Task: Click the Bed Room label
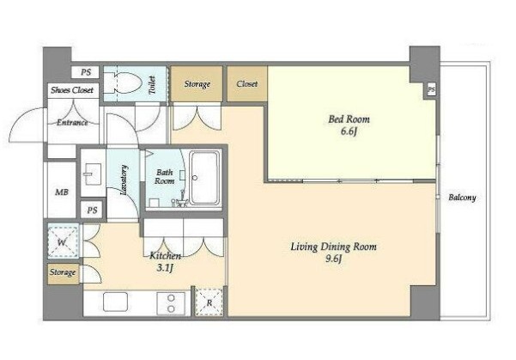(x=349, y=119)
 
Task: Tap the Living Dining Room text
(x=333, y=247)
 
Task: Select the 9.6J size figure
(x=334, y=259)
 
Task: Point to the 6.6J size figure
(x=349, y=131)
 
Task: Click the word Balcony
(x=462, y=198)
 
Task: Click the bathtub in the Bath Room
(x=204, y=178)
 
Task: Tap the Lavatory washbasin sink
(x=92, y=174)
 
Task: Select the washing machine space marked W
(x=63, y=241)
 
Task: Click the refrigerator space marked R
(x=209, y=302)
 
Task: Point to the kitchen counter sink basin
(x=115, y=302)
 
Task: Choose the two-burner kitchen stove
(x=171, y=303)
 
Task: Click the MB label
(x=62, y=192)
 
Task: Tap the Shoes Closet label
(x=72, y=90)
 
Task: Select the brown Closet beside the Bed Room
(x=246, y=83)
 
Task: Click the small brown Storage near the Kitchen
(x=63, y=273)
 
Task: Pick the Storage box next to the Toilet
(x=197, y=83)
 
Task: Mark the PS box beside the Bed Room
(x=431, y=89)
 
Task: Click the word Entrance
(x=72, y=123)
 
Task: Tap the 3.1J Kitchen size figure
(x=165, y=268)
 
